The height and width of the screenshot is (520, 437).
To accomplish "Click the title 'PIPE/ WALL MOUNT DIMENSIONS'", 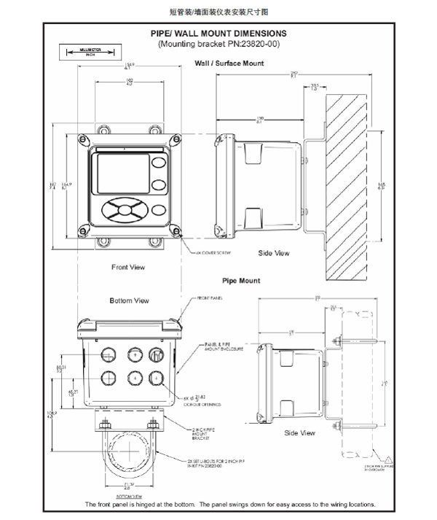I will [218, 33].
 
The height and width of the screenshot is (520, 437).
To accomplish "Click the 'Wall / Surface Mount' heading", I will [229, 63].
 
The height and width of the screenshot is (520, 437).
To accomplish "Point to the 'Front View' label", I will [128, 267].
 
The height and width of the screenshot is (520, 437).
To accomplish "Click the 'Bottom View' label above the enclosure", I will [129, 300].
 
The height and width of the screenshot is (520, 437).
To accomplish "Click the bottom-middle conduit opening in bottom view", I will [134, 378].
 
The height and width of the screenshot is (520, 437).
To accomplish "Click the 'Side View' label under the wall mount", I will [274, 253].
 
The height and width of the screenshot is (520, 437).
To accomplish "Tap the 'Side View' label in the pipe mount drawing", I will [299, 433].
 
